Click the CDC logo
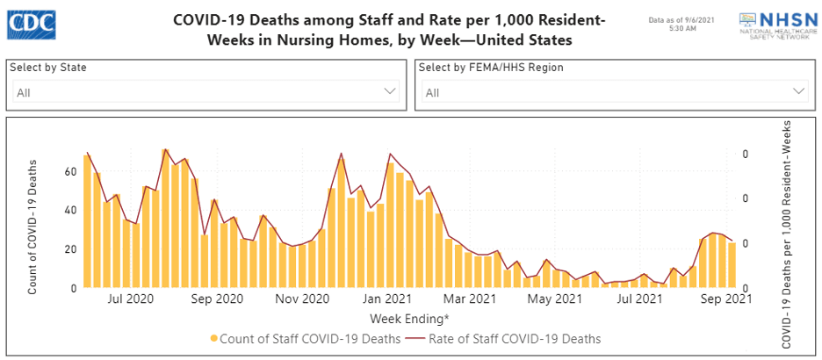coord(31,23)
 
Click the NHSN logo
coord(773,22)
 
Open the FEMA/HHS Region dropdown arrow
coord(798,91)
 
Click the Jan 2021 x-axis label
coord(386,299)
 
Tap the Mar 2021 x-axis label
coord(471,299)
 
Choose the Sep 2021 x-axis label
coord(725,299)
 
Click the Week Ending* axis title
coord(409,318)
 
